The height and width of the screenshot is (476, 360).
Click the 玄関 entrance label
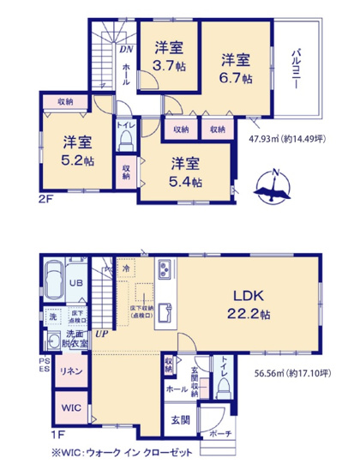click(x=179, y=420)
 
